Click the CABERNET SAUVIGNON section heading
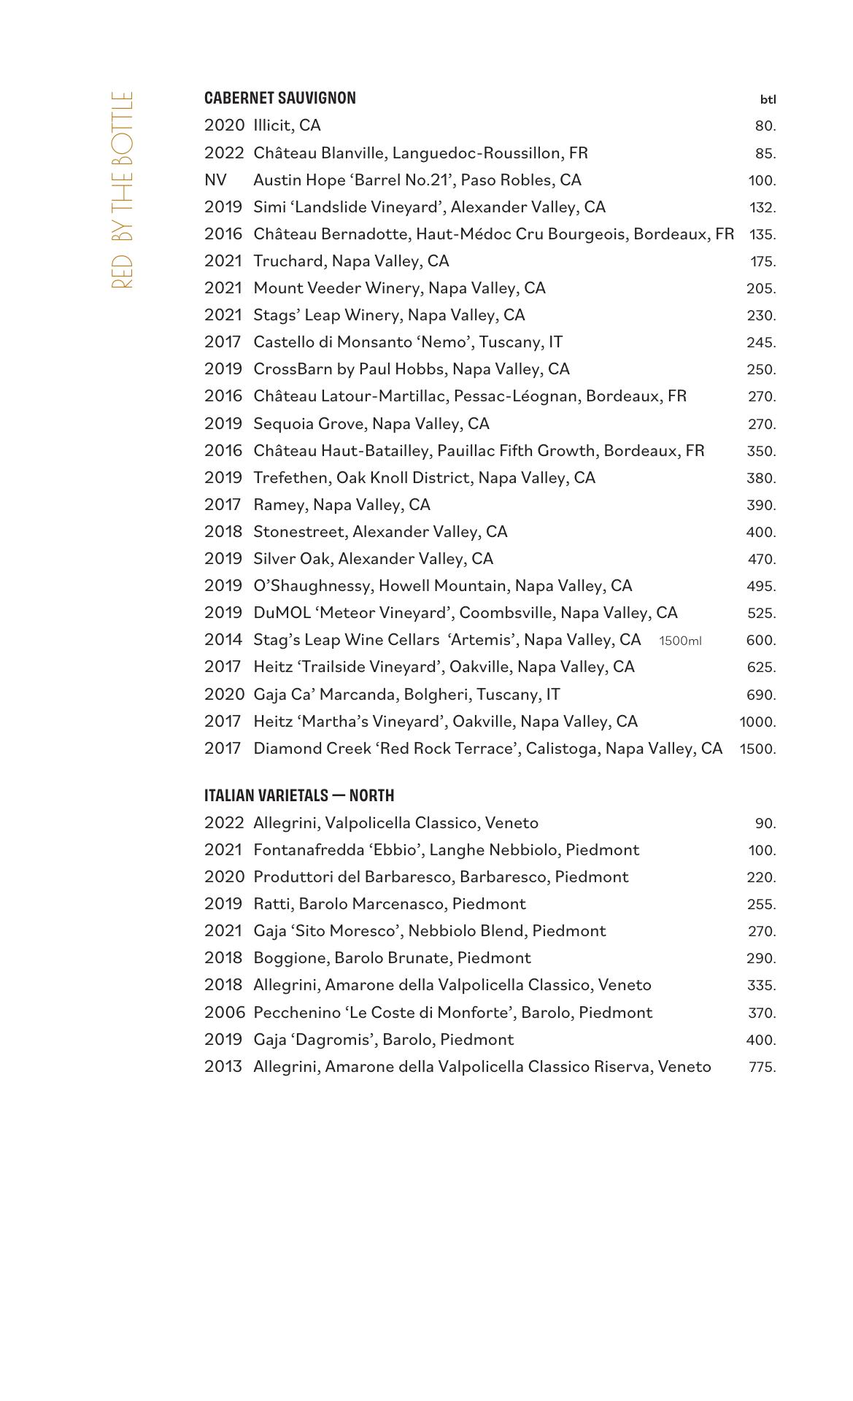pyautogui.click(x=279, y=99)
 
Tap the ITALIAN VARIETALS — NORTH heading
pyautogui.click(x=299, y=795)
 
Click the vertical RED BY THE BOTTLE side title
pyautogui.click(x=123, y=190)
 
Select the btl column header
pyautogui.click(x=768, y=99)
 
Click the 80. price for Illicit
pyautogui.click(x=765, y=126)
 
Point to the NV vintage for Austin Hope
pyautogui.click(x=215, y=180)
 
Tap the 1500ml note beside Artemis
pyautogui.click(x=680, y=641)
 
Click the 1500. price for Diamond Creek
pyautogui.click(x=757, y=749)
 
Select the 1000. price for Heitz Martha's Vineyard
pyautogui.click(x=757, y=722)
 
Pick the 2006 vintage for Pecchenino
pyautogui.click(x=224, y=1013)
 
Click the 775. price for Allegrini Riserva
pyautogui.click(x=762, y=1068)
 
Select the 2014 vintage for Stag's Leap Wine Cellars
pyautogui.click(x=223, y=640)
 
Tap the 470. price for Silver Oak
pyautogui.click(x=761, y=560)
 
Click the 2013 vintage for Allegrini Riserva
pyautogui.click(x=223, y=1067)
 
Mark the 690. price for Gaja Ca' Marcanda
pyautogui.click(x=761, y=695)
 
